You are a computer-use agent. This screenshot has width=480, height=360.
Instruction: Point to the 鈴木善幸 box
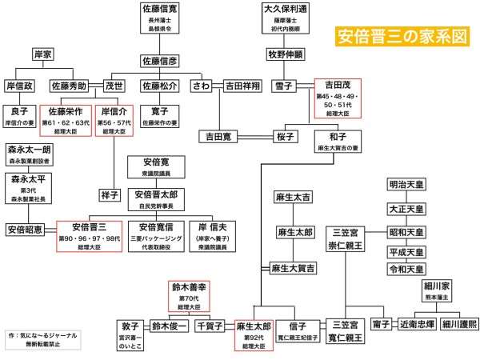point(187,294)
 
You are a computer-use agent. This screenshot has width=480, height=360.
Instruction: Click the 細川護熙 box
point(458,325)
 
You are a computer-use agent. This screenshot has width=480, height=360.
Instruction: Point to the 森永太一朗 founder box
point(29,153)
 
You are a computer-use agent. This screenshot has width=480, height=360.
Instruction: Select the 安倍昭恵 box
point(29,230)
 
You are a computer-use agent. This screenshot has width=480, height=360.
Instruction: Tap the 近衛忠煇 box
point(421,325)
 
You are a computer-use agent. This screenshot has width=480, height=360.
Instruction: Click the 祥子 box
point(110,194)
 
